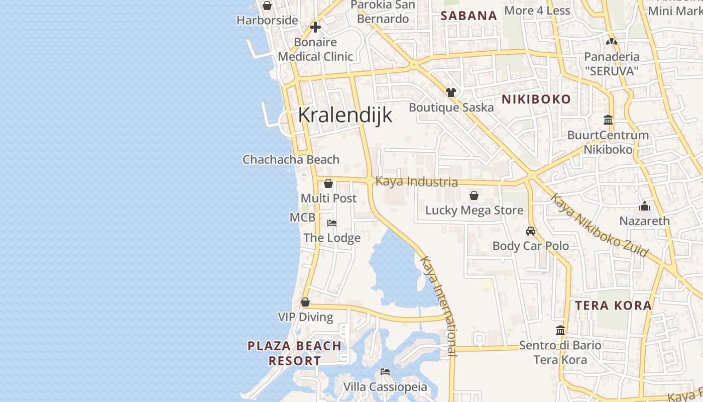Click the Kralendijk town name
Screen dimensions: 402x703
[x=345, y=115]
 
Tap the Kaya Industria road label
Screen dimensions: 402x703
[x=416, y=181]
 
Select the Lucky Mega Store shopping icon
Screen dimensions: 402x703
[x=474, y=195]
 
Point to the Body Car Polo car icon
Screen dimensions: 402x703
[x=531, y=231]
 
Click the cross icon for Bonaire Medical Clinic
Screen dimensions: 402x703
[x=315, y=27]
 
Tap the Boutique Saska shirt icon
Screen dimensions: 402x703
[x=451, y=92]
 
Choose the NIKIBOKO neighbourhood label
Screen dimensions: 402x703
[x=536, y=99]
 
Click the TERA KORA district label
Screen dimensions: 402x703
[x=613, y=306]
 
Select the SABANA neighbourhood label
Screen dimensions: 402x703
[x=468, y=16]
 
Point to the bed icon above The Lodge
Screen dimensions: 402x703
[x=331, y=223]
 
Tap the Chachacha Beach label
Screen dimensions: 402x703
[x=291, y=160]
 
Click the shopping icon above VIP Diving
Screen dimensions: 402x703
[x=305, y=302]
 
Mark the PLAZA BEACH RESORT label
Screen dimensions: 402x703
[x=294, y=353]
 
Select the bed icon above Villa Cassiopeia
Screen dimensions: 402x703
[x=385, y=372]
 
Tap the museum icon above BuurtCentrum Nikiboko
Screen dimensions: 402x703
[x=608, y=120]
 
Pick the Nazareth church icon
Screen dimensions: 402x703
[x=645, y=206]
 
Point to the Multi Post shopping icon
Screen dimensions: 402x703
[x=328, y=183]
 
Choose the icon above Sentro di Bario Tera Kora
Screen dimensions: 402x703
[x=560, y=330]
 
